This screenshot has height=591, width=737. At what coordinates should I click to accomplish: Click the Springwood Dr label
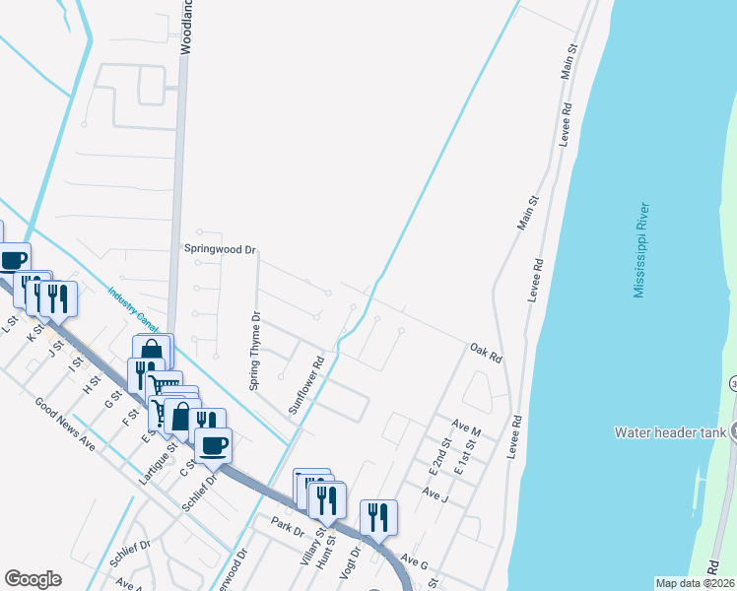tap(220, 249)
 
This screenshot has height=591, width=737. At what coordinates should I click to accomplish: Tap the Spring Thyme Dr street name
tap(254, 352)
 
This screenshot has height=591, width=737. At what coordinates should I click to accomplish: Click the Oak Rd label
tap(487, 351)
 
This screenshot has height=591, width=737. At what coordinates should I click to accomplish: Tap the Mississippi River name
tap(640, 250)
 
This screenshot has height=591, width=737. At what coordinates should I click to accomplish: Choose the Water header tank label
tap(670, 431)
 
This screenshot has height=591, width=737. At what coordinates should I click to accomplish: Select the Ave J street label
tap(435, 492)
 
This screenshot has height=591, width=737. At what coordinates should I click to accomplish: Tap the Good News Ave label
tap(64, 425)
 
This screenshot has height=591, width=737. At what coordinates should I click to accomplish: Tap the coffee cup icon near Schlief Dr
tap(213, 444)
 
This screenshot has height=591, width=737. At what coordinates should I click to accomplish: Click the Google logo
tap(33, 579)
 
